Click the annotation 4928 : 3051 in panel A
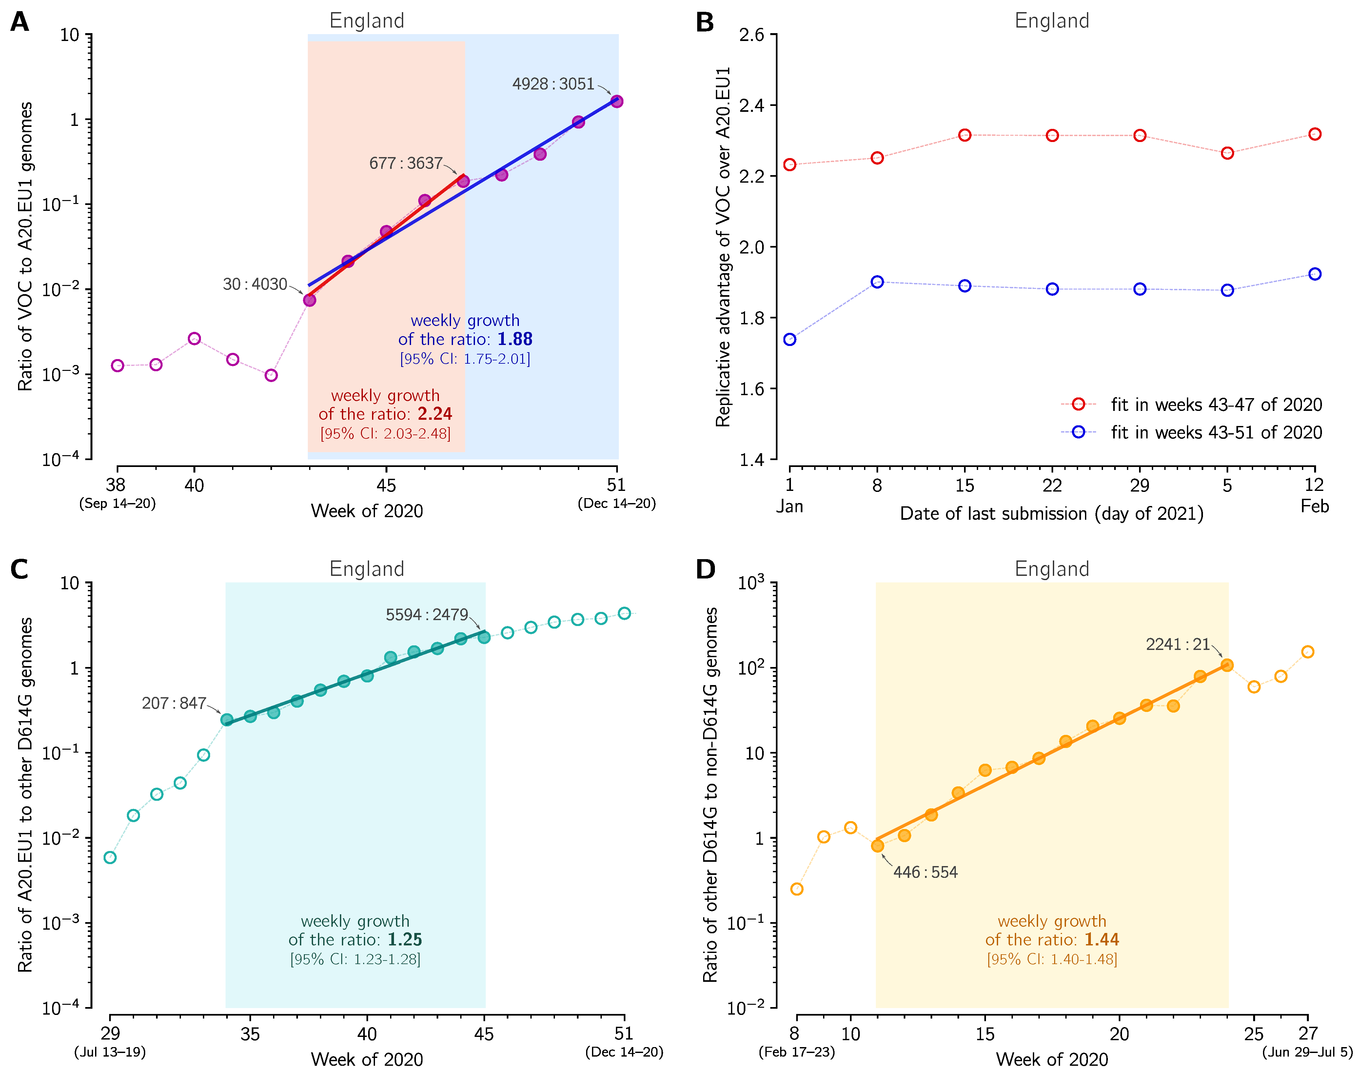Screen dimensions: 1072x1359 [553, 84]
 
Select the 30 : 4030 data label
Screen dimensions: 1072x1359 [255, 284]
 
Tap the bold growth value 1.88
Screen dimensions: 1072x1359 [515, 339]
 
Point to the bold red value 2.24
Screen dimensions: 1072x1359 [435, 414]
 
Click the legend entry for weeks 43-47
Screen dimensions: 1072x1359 [1216, 405]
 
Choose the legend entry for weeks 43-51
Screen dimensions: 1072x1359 [1216, 433]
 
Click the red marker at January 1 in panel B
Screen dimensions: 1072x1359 [790, 164]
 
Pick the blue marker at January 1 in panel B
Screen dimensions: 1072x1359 [790, 339]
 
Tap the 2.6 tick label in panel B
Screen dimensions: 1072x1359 [752, 35]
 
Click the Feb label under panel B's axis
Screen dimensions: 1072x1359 [1314, 507]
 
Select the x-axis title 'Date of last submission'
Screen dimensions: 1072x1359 [1052, 514]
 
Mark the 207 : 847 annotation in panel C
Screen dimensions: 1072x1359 [174, 703]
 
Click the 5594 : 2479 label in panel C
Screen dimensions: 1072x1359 [427, 615]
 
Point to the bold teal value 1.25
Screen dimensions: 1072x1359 [405, 940]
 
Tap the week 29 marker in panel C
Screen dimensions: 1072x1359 [110, 857]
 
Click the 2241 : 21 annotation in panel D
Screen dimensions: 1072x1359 [1178, 645]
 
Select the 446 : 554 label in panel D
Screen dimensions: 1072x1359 [925, 872]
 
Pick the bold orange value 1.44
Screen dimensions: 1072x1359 [1102, 940]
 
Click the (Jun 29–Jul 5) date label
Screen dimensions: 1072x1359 [1307, 1052]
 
